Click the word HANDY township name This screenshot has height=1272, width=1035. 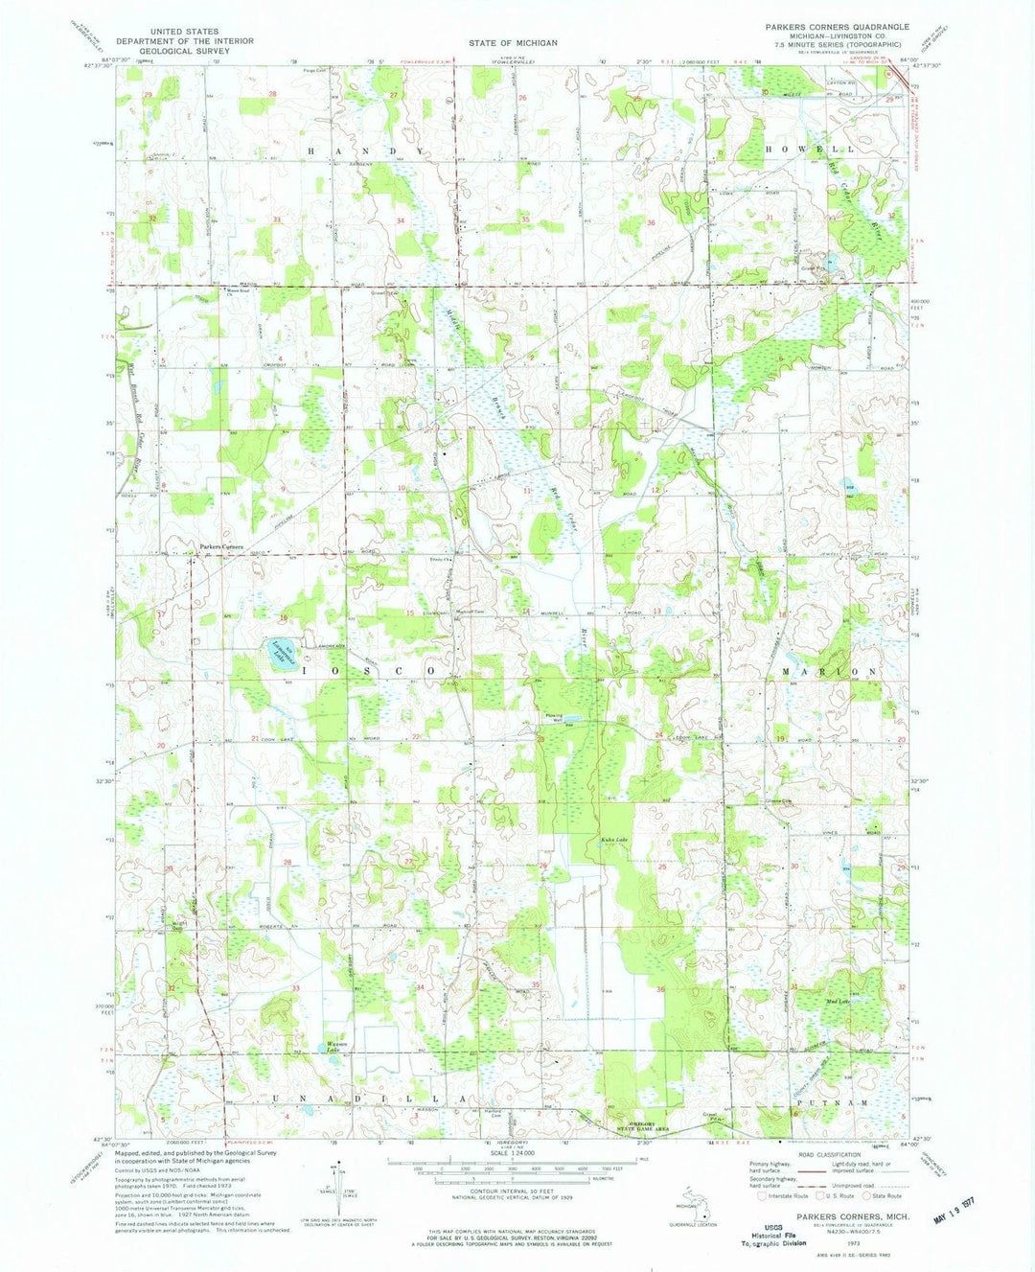point(356,151)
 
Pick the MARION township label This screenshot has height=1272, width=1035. point(830,672)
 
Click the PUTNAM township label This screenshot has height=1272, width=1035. point(844,1104)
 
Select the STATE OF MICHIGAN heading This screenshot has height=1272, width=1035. point(514,43)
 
